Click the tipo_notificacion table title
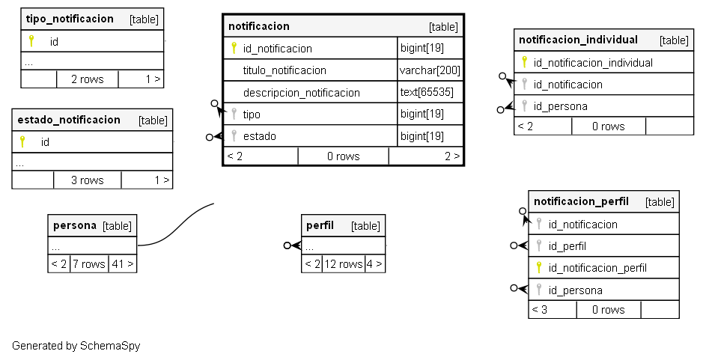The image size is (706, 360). (x=70, y=19)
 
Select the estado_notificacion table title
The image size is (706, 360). (x=69, y=120)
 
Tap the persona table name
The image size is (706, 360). (x=74, y=225)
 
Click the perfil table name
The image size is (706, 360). (x=320, y=225)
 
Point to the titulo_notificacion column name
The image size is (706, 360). (x=284, y=70)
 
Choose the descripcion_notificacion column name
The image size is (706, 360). (x=301, y=93)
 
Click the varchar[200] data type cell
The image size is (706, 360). (x=430, y=70)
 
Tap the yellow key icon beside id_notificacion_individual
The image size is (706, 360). (x=524, y=62)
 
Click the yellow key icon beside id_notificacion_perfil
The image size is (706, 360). (x=538, y=267)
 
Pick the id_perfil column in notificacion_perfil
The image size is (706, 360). (x=567, y=245)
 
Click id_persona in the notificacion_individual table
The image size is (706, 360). (x=560, y=106)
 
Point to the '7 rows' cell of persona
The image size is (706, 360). (x=89, y=264)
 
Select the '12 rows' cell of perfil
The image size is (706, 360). (x=343, y=264)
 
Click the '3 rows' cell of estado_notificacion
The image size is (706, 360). (x=87, y=180)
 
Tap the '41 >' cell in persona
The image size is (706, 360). (x=122, y=264)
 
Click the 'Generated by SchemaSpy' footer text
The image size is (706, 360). (x=76, y=346)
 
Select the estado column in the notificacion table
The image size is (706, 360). (x=259, y=136)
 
